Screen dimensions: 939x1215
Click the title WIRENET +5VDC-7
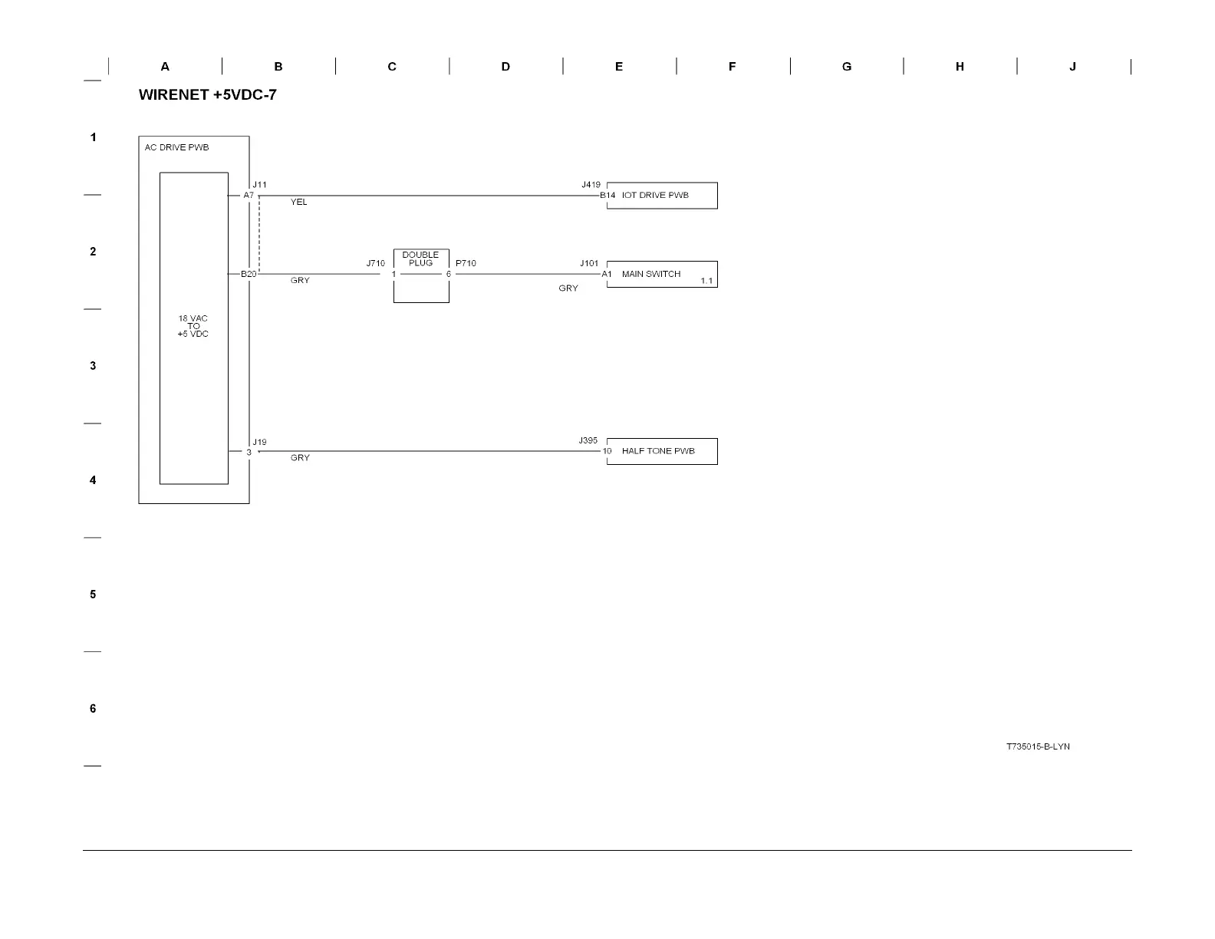(x=207, y=95)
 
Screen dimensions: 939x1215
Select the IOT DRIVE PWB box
(x=662, y=196)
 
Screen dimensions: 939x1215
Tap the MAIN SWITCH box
(x=662, y=275)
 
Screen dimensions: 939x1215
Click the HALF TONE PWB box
(x=662, y=451)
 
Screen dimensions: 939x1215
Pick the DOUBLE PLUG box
(x=421, y=275)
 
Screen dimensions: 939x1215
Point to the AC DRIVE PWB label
(x=176, y=147)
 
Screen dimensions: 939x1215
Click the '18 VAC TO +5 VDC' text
(x=193, y=326)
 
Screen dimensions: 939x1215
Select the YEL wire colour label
(x=298, y=203)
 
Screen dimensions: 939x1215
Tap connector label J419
(x=591, y=185)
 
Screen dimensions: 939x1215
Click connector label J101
(x=589, y=264)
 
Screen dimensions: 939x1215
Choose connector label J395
(x=588, y=441)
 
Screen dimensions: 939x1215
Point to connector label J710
(x=375, y=264)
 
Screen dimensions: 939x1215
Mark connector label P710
(x=466, y=264)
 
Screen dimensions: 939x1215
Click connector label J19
(x=260, y=443)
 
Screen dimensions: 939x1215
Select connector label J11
(x=260, y=185)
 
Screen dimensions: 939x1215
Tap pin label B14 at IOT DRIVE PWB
(x=607, y=196)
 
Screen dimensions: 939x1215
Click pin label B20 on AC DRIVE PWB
(x=249, y=275)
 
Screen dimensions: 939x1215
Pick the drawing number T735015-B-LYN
(x=1038, y=746)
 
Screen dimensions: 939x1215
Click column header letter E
(x=619, y=67)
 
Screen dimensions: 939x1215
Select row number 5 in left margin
(x=93, y=595)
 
